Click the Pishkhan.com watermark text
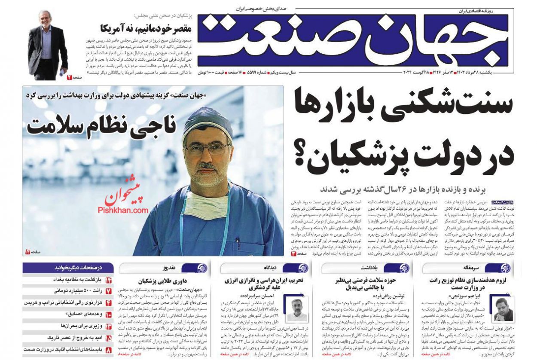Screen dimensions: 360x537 123,210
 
